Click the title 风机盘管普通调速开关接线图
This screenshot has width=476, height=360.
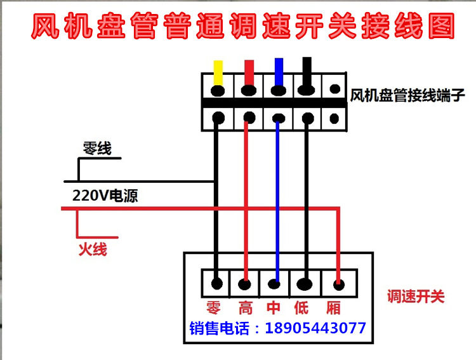pos(243,27)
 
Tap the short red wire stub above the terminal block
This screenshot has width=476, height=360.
pos(249,70)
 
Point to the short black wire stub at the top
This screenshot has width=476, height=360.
pos(308,67)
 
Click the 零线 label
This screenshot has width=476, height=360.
pos(97,149)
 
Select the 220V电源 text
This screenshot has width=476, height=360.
pos(105,196)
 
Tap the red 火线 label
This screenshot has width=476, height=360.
pos(93,250)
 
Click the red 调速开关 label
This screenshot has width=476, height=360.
pos(416,297)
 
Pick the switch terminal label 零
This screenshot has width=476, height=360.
pos(213,309)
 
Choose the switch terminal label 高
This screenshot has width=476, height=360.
pos(246,309)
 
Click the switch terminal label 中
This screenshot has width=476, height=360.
pos(274,309)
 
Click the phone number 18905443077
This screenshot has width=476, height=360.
pos(315,328)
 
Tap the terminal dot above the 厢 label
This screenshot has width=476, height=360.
pos(338,283)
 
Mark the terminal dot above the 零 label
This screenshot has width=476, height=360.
pos(217,282)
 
